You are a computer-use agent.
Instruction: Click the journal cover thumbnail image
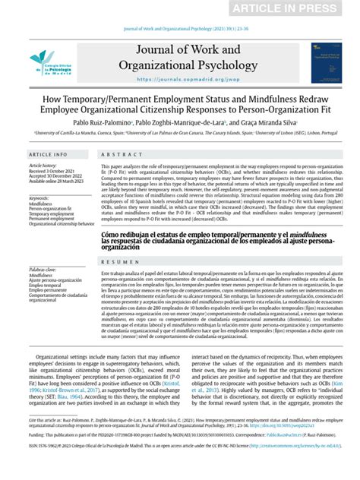(326, 62)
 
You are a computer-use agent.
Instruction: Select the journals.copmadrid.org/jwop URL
(180, 77)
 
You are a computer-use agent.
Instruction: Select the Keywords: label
(39, 197)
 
